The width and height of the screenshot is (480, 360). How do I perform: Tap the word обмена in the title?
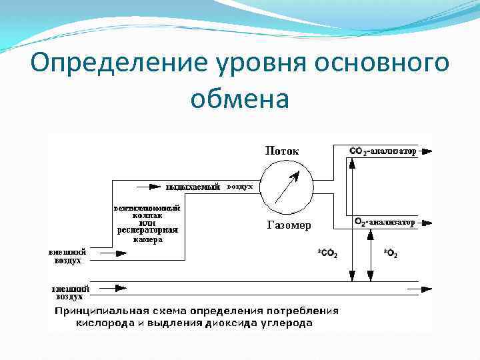239,100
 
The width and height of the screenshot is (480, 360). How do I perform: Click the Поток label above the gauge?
282,151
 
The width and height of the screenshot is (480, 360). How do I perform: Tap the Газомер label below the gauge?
289,225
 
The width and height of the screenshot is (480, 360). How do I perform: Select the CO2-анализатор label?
383,151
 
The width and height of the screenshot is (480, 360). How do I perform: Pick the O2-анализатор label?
385,221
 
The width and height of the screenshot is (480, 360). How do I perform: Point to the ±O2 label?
391,253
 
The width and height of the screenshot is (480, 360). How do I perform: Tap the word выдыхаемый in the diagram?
193,187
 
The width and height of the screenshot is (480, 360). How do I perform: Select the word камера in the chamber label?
147,239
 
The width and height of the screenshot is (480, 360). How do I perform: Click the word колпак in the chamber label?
147,215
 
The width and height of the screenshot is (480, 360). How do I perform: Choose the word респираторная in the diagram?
147,231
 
